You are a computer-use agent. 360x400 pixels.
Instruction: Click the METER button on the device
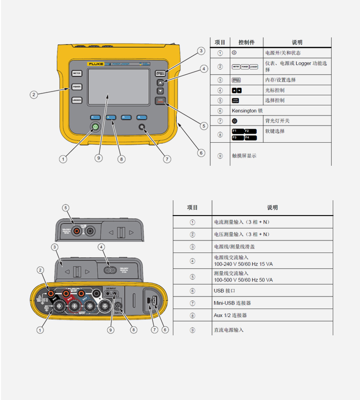[x=77, y=73]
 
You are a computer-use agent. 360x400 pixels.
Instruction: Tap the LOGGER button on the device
[x=77, y=100]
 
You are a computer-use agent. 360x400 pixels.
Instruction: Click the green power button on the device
[x=95, y=127]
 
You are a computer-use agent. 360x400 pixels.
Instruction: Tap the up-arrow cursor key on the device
[x=160, y=82]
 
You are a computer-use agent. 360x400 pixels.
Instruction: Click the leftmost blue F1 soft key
[x=94, y=116]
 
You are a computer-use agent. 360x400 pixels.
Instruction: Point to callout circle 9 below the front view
[x=98, y=158]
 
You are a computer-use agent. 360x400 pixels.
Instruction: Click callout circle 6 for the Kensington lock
[x=201, y=153]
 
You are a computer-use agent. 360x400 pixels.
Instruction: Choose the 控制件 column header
[x=246, y=42]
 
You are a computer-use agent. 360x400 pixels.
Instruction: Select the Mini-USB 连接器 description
[x=232, y=303]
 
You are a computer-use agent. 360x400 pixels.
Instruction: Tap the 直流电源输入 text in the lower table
[x=229, y=330]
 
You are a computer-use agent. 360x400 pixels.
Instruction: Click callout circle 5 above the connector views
[x=66, y=208]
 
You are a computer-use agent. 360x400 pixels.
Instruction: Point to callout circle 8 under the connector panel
[x=134, y=329]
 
